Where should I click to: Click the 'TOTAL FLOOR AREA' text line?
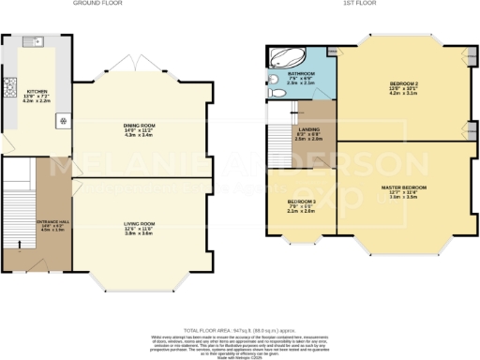coord(240,331)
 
